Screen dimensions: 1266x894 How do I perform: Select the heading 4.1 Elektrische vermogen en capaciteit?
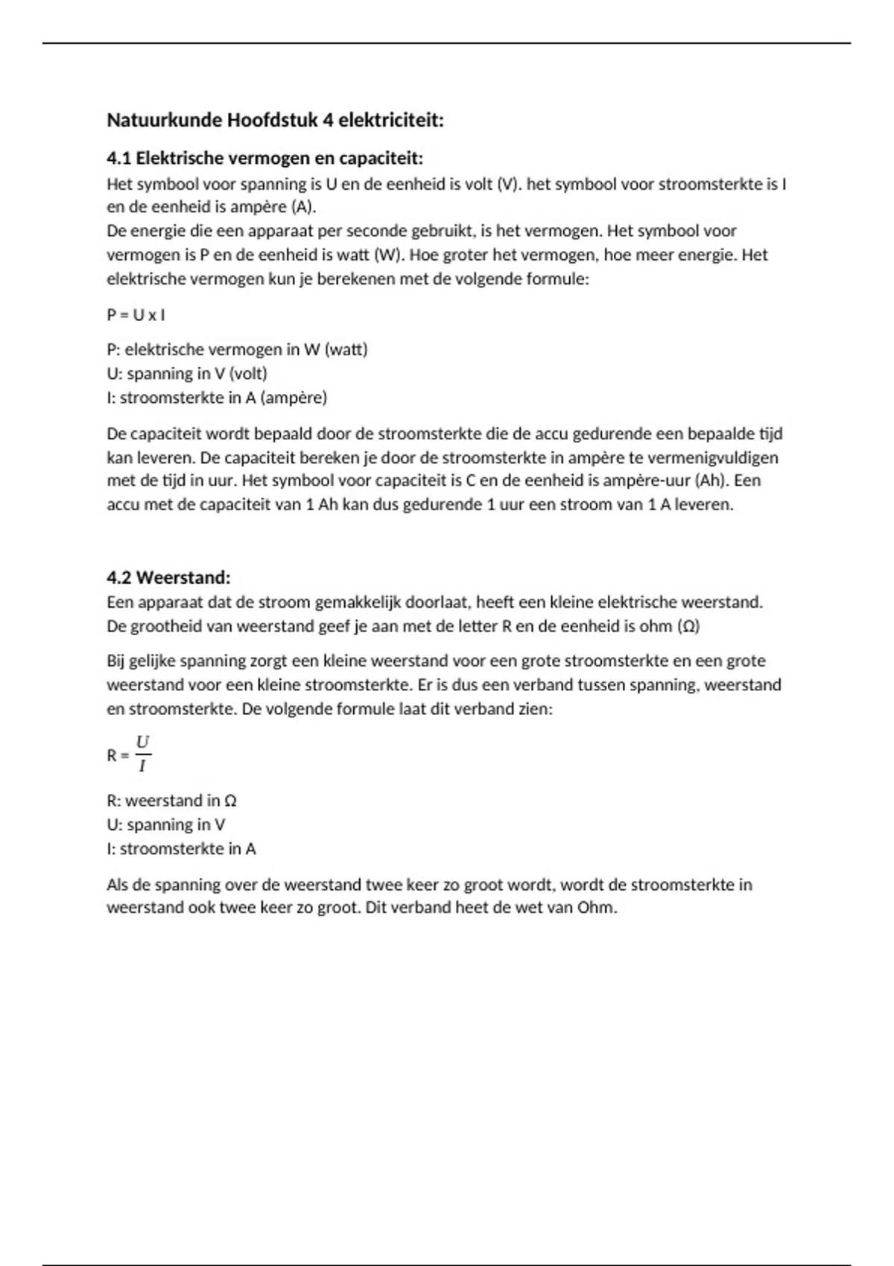tap(264, 159)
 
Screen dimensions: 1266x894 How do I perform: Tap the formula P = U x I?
tap(136, 315)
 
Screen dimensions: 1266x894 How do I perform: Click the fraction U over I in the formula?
tap(142, 754)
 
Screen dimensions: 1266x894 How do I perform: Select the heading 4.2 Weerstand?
tap(168, 577)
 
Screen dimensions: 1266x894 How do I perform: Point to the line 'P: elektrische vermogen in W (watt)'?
tap(237, 349)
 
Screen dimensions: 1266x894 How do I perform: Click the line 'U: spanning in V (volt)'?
tap(186, 373)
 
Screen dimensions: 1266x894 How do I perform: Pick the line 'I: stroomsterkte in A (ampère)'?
tap(217, 398)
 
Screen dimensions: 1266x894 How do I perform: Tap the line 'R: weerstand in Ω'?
tap(171, 801)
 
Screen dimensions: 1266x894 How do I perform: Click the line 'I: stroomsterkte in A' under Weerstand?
tap(181, 848)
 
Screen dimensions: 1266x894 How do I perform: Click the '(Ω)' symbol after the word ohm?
tap(688, 626)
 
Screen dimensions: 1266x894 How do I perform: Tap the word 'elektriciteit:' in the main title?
tap(391, 121)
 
